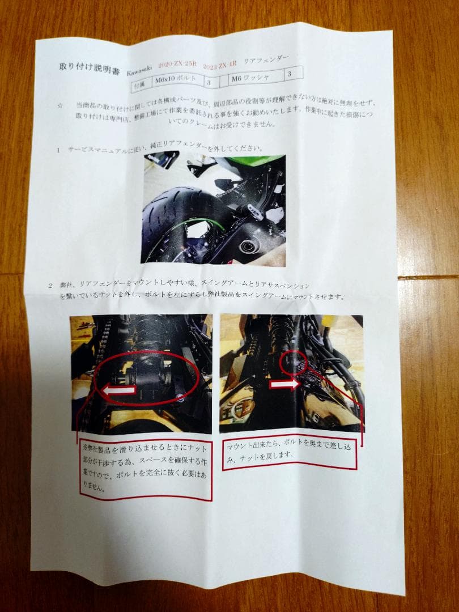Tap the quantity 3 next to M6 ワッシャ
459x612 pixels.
coord(290,73)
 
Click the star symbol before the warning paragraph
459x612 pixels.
coord(60,105)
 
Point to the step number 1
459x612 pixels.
coord(58,150)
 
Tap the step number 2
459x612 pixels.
coord(50,286)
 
